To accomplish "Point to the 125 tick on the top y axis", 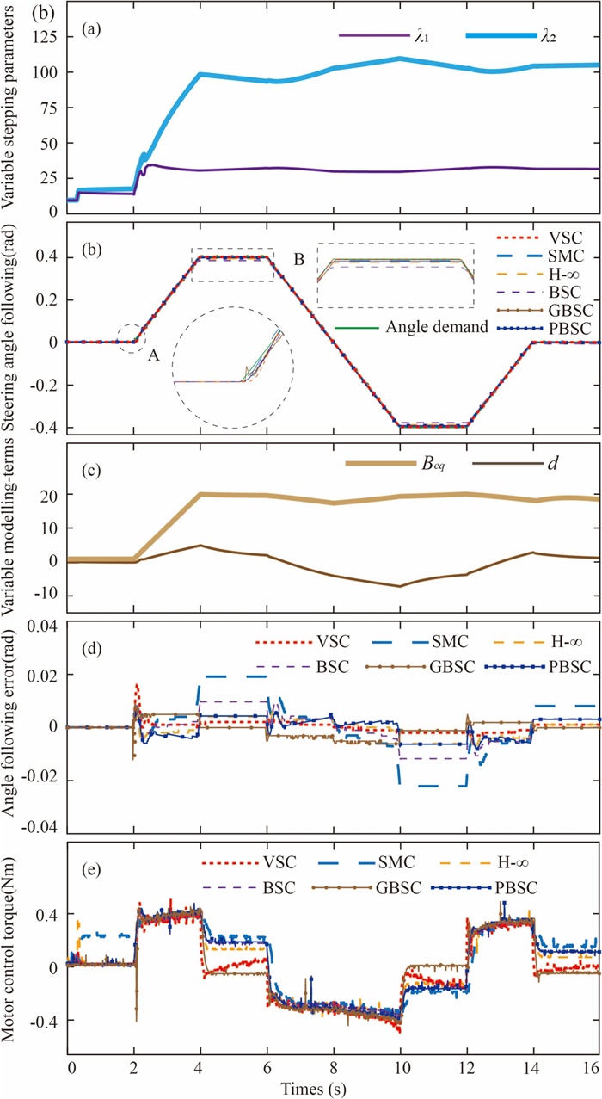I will coord(50,40).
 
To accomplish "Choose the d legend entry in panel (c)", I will coord(571,465).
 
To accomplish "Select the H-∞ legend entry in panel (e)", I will coord(551,837).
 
